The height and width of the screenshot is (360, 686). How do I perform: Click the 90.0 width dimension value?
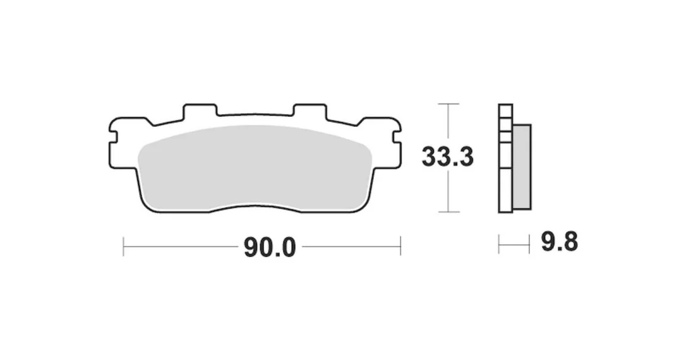[x=270, y=248]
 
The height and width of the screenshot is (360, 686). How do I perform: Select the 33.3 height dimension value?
[x=448, y=157]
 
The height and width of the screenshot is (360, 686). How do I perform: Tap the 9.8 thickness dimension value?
[x=560, y=241]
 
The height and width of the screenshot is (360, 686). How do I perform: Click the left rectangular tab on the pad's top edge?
[x=200, y=111]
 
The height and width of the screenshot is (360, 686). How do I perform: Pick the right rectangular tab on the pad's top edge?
[x=310, y=111]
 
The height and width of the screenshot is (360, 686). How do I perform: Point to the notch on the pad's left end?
[x=112, y=136]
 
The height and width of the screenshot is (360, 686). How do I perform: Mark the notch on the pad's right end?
[x=397, y=136]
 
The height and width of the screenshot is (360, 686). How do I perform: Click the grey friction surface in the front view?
[x=255, y=166]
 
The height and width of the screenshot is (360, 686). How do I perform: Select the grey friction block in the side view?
[x=522, y=166]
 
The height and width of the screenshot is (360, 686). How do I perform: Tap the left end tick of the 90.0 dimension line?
[x=123, y=247]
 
